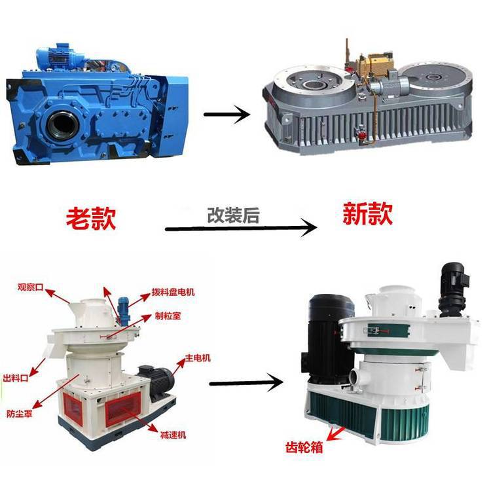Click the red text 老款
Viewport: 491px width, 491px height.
click(91, 218)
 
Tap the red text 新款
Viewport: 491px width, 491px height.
click(368, 213)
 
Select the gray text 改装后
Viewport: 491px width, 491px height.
click(233, 215)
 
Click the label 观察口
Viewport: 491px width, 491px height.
click(30, 287)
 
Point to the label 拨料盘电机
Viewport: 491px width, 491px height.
click(173, 292)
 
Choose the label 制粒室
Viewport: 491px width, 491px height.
click(168, 316)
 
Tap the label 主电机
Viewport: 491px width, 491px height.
click(198, 357)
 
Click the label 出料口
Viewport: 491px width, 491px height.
click(16, 378)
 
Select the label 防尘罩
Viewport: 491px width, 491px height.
click(20, 414)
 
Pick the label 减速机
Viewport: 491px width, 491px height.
click(173, 435)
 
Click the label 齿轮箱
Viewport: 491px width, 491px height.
click(304, 447)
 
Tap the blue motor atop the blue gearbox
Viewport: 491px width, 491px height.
click(60, 58)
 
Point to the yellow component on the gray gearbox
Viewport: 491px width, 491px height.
click(376, 65)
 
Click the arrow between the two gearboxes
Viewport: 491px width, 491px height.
click(227, 115)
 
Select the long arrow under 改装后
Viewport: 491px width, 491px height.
click(241, 228)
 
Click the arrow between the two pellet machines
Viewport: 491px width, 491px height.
click(246, 383)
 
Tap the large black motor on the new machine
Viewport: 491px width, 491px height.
click(329, 340)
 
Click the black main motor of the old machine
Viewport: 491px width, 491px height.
click(156, 383)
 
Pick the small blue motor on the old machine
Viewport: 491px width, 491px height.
click(123, 311)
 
